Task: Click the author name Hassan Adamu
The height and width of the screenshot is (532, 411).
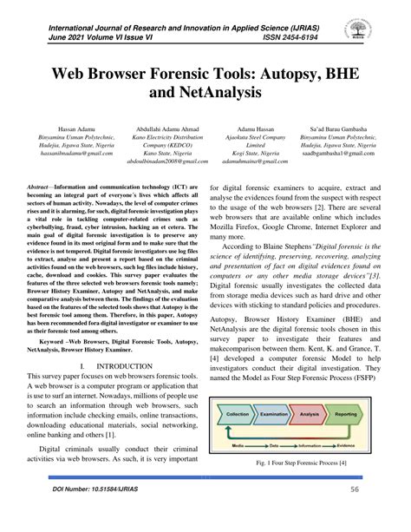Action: tap(57, 128)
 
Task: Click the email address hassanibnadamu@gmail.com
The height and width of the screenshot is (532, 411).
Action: tap(57, 153)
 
